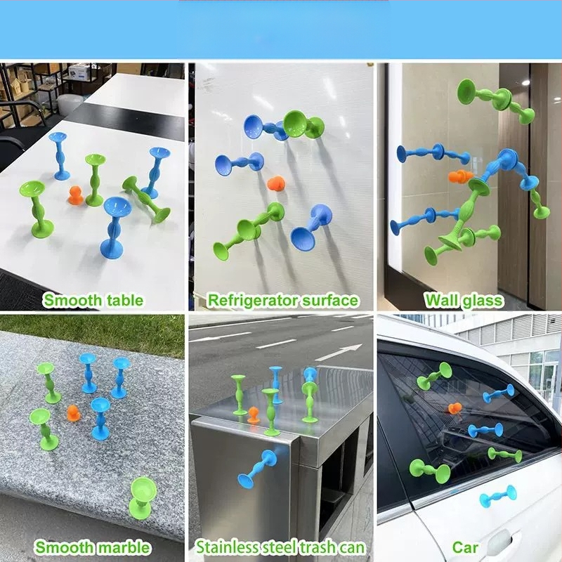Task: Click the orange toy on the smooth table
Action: pyautogui.click(x=76, y=195)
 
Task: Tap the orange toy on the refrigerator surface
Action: pyautogui.click(x=276, y=183)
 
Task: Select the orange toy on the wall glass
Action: pyautogui.click(x=461, y=176)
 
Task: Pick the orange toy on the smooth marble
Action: pyautogui.click(x=74, y=413)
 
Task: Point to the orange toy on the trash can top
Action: pyautogui.click(x=254, y=415)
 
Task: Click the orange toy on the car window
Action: pyautogui.click(x=455, y=408)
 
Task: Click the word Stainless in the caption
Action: pyautogui.click(x=226, y=547)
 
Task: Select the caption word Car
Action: pyautogui.click(x=465, y=547)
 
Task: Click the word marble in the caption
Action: pyautogui.click(x=124, y=547)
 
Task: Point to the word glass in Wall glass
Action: pyautogui.click(x=483, y=301)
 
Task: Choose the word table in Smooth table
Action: pyautogui.click(x=124, y=300)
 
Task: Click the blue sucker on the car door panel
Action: pyautogui.click(x=498, y=497)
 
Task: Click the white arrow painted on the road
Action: pyautogui.click(x=339, y=353)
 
